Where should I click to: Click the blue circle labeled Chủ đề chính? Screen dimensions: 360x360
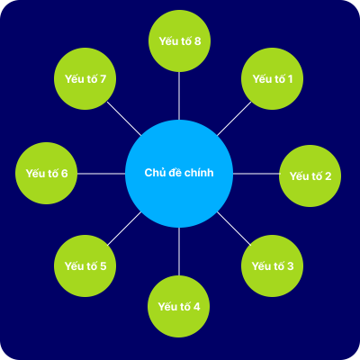point(179,174)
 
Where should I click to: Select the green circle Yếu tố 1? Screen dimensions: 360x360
point(272,78)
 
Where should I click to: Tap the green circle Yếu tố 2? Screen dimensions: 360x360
point(310,175)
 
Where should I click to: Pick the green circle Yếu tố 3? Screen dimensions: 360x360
point(272,265)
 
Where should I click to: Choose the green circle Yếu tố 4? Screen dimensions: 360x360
point(179,306)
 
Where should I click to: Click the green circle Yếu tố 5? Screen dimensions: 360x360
point(85,265)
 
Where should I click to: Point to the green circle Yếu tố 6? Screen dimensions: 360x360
point(46,173)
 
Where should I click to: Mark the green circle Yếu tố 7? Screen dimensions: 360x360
point(85,78)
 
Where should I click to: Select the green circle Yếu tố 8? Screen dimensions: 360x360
point(179,40)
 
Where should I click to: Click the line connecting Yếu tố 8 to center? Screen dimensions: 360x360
point(179,95)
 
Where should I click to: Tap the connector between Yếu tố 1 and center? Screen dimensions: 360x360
point(234,119)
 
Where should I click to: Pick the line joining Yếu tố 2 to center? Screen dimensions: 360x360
point(256,174)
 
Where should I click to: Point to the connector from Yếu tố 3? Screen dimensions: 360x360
point(234,229)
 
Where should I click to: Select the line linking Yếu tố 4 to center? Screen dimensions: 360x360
point(179,251)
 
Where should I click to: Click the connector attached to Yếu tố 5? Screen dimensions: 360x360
point(124,229)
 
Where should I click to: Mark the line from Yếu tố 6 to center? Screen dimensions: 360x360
point(101,174)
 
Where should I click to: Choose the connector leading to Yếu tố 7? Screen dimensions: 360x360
point(124,119)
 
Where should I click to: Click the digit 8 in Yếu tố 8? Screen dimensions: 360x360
point(197,41)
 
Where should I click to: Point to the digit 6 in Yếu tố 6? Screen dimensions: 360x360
point(64,174)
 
